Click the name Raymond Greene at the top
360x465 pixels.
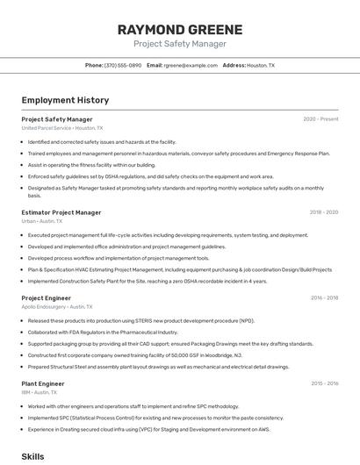coord(180,29)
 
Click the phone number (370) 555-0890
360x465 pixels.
coord(123,65)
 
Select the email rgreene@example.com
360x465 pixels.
coord(191,65)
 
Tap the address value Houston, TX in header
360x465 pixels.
coord(261,65)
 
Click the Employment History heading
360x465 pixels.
coord(65,100)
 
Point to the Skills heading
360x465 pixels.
coord(32,456)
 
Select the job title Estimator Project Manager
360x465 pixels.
coord(61,212)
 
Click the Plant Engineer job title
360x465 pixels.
coord(43,383)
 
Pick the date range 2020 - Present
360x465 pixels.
coord(320,119)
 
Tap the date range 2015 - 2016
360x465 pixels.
coord(324,383)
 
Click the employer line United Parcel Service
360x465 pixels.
coord(47,128)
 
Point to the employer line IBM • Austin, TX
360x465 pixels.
coord(40,392)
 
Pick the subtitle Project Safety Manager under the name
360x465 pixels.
coord(180,44)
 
